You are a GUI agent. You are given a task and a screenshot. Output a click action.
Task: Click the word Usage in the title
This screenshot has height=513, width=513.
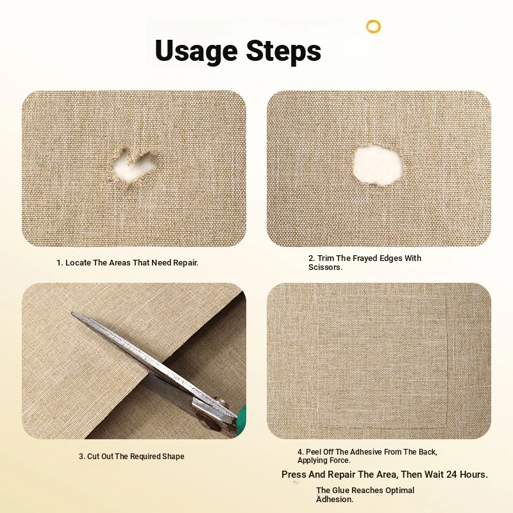(196, 51)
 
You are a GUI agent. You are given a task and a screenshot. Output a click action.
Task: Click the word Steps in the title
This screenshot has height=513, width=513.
(283, 50)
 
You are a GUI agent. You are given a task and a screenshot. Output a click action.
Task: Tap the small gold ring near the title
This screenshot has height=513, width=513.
(373, 26)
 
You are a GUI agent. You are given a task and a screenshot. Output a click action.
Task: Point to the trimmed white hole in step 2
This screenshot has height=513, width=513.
(378, 166)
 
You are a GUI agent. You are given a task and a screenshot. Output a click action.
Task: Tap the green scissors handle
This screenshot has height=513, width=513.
(242, 417)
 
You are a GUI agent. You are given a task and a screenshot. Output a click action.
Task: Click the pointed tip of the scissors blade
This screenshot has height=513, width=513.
(72, 314)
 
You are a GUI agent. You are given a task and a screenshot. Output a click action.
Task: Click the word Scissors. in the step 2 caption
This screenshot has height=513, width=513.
(325, 267)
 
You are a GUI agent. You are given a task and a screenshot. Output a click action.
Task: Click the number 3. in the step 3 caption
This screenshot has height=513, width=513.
(82, 457)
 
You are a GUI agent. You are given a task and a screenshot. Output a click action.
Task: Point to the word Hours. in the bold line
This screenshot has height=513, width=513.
(474, 475)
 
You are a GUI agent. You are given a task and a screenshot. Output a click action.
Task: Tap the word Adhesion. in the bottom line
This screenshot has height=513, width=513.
(335, 500)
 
